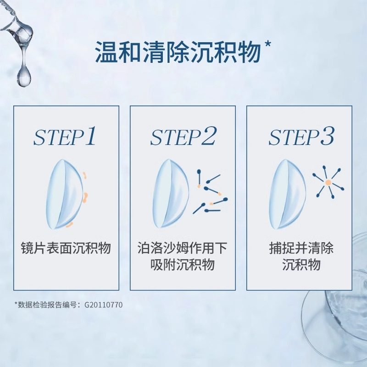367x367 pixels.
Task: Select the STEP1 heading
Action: [x=66, y=137]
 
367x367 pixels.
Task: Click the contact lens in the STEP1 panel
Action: [x=64, y=194]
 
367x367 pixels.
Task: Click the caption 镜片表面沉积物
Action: [x=66, y=249]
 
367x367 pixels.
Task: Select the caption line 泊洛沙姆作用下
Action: [x=183, y=249]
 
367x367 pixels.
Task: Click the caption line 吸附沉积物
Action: [x=183, y=265]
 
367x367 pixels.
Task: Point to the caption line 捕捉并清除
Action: [x=301, y=249]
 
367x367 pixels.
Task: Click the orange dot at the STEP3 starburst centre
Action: [x=328, y=183]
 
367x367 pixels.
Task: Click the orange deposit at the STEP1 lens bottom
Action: [x=69, y=225]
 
